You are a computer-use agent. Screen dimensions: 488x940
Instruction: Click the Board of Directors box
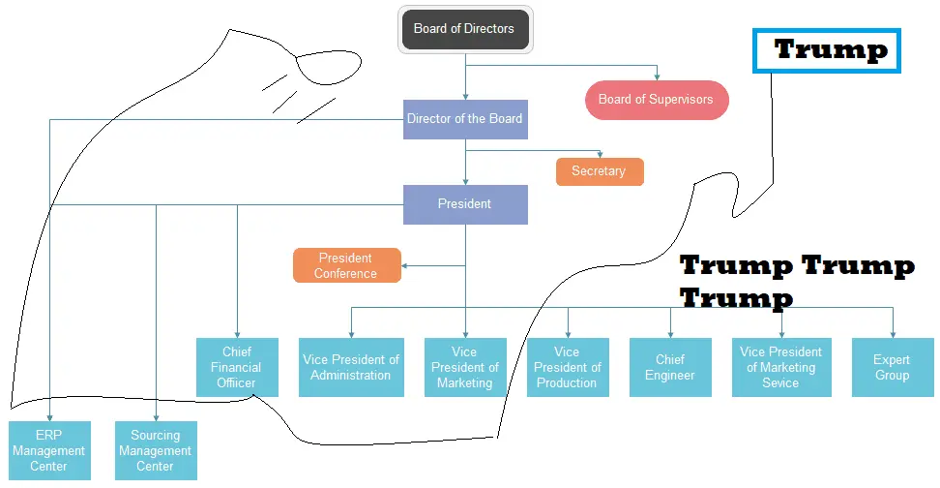tap(465, 29)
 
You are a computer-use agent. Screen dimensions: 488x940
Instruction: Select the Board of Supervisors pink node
tap(656, 100)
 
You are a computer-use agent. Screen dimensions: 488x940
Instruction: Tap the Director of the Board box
tap(465, 119)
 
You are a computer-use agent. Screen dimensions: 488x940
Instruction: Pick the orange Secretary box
tap(600, 171)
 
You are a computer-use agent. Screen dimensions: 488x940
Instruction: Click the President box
tap(465, 204)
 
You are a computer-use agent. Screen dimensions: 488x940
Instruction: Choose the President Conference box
tap(346, 265)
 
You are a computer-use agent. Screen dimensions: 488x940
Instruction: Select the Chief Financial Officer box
tap(237, 367)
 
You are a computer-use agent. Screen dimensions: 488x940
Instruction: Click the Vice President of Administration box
tap(351, 367)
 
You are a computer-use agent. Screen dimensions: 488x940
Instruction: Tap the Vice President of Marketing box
tap(465, 367)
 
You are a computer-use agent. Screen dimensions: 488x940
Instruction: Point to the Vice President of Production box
tap(568, 367)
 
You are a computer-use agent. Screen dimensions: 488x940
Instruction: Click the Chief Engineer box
tap(670, 367)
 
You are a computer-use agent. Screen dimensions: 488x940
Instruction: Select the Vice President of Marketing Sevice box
tap(781, 367)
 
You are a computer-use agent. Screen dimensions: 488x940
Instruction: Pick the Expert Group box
tap(893, 367)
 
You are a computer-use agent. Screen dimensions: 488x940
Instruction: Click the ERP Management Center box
tap(49, 450)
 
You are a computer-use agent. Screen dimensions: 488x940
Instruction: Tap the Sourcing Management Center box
tap(156, 450)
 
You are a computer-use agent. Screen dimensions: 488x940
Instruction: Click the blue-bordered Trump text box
tap(827, 50)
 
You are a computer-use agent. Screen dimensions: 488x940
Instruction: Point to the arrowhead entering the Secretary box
tap(601, 155)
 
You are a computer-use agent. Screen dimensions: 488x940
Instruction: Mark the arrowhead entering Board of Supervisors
tap(657, 77)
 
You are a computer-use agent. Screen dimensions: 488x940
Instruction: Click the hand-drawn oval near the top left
tap(329, 67)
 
